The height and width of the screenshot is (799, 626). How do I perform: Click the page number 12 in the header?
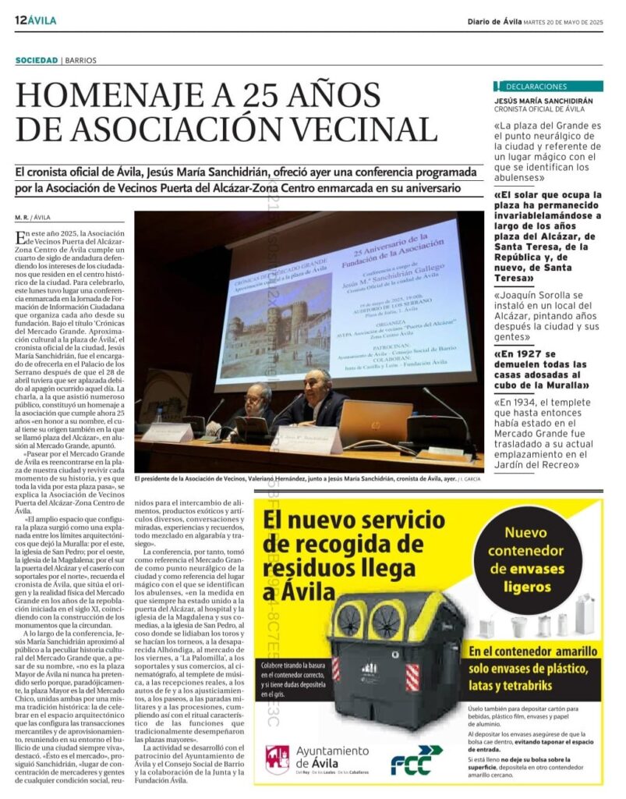[20, 20]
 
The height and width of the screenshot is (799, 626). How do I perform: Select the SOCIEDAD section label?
[36, 60]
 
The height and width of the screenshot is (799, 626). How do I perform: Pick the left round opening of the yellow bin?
[349, 620]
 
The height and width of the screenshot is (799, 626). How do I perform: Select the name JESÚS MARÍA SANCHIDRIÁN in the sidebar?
[543, 101]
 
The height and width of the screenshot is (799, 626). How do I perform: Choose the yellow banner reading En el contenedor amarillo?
[534, 651]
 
